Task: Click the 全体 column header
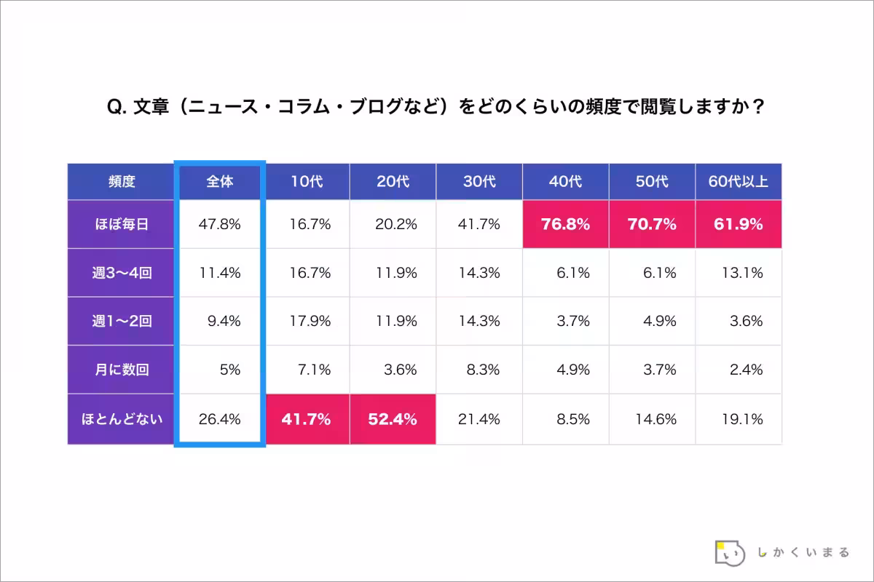click(x=219, y=182)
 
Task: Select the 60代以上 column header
click(x=738, y=182)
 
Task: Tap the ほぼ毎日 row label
click(x=121, y=225)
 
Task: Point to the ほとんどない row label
click(x=121, y=419)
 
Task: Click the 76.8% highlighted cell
click(x=565, y=225)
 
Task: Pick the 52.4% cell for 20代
click(x=393, y=419)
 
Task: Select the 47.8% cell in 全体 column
click(x=219, y=225)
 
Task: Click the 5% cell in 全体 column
click(x=219, y=370)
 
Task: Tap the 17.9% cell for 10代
click(x=307, y=322)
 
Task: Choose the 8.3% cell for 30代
click(x=479, y=370)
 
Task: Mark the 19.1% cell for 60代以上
click(x=738, y=419)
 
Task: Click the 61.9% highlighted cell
click(x=738, y=225)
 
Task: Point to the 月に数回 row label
click(x=121, y=370)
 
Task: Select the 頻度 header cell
click(x=121, y=182)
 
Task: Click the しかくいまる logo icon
click(x=730, y=553)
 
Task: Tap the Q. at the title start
click(x=117, y=108)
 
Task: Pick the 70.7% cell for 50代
click(x=652, y=225)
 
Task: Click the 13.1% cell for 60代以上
click(x=738, y=273)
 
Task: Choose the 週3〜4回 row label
click(x=121, y=273)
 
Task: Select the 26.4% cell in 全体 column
click(x=219, y=419)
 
